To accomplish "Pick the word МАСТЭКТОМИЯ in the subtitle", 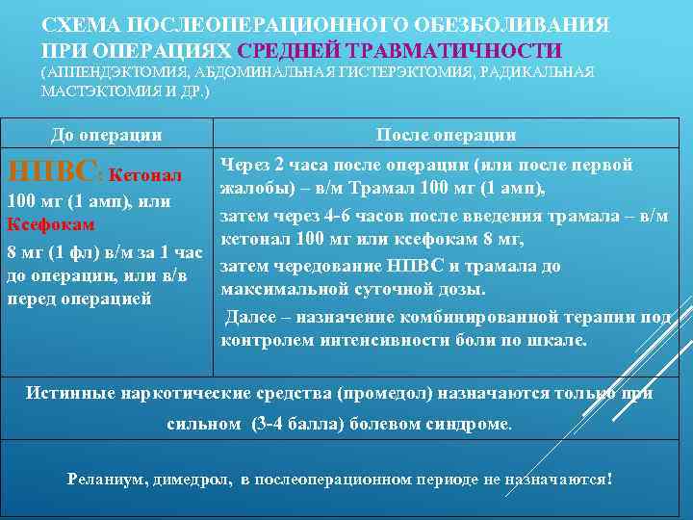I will pyautogui.click(x=91, y=91).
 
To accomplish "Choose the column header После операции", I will pyautogui.click(x=447, y=136).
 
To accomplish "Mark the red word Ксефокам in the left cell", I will pyautogui.click(x=50, y=224).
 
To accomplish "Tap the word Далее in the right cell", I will pyautogui.click(x=250, y=317).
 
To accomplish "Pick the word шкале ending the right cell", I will pyautogui.click(x=558, y=340).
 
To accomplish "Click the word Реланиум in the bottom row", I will pyautogui.click(x=105, y=479).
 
